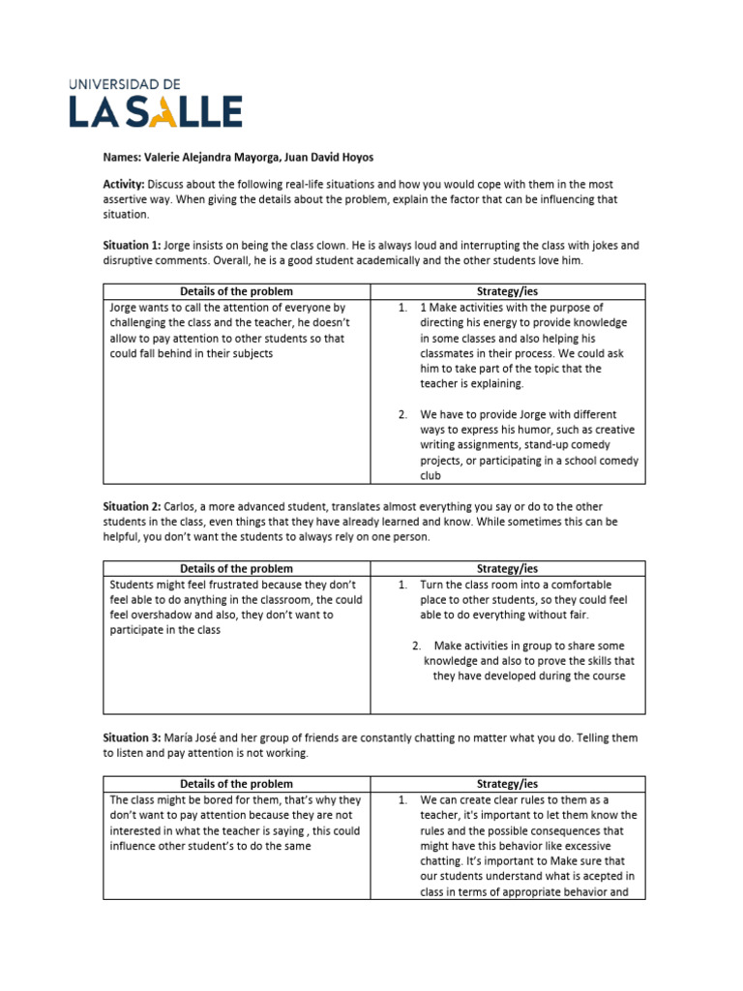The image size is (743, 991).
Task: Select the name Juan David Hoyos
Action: coord(337,157)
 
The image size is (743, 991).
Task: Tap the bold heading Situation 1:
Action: coord(133,246)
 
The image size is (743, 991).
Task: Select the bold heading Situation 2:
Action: coord(133,507)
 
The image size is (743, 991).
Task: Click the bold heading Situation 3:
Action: coord(133,737)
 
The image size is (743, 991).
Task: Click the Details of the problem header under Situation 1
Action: coord(236,291)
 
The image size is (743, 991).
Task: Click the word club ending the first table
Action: coord(431,476)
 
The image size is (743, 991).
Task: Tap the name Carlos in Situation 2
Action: coord(181,507)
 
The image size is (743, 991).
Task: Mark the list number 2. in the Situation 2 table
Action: coord(416,646)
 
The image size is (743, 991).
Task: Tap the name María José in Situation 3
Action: coord(193,737)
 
